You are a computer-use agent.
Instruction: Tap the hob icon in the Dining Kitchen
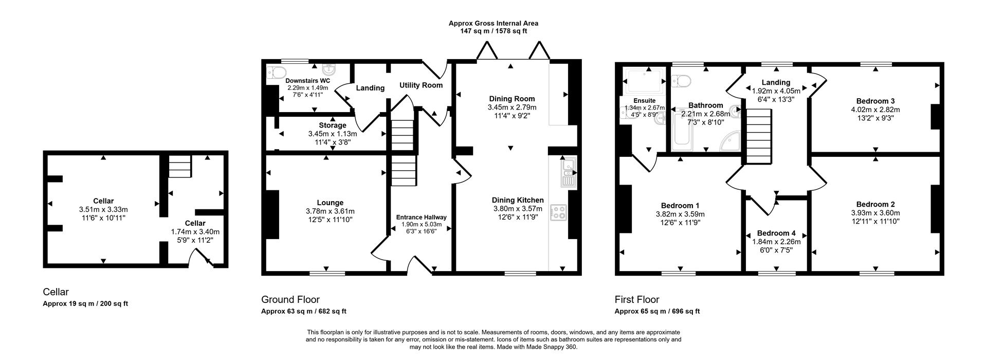558,212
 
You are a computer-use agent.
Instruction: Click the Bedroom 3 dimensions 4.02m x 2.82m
875,110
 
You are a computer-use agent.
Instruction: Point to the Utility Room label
421,85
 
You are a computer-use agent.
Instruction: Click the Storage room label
332,125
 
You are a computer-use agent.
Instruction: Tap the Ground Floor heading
290,299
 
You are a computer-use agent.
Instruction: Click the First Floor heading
636,299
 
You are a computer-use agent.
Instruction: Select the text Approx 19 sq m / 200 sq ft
85,303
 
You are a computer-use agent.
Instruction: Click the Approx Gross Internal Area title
493,23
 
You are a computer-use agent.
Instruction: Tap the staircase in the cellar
180,167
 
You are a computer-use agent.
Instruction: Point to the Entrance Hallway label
421,217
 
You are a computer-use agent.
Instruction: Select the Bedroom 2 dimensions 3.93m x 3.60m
875,213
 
